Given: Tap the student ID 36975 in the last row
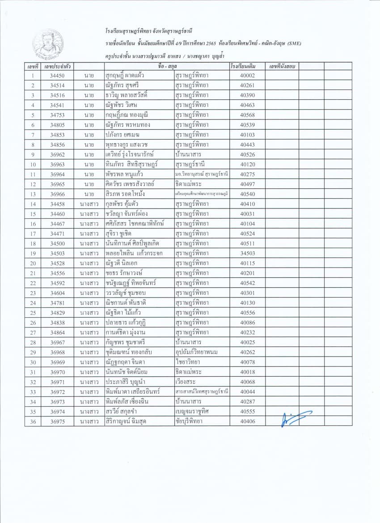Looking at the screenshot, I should pyautogui.click(x=57, y=421).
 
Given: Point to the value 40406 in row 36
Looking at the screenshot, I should pyautogui.click(x=247, y=421).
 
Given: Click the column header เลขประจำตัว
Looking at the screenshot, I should pyautogui.click(x=57, y=66).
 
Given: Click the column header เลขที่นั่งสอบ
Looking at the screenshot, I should pyautogui.click(x=282, y=66).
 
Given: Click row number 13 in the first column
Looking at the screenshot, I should pyautogui.click(x=33, y=194).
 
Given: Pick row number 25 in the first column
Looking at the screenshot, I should pyautogui.click(x=33, y=313).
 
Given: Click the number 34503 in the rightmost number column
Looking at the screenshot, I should pyautogui.click(x=247, y=254).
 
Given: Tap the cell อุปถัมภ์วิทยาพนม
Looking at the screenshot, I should pyautogui.click(x=197, y=352).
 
